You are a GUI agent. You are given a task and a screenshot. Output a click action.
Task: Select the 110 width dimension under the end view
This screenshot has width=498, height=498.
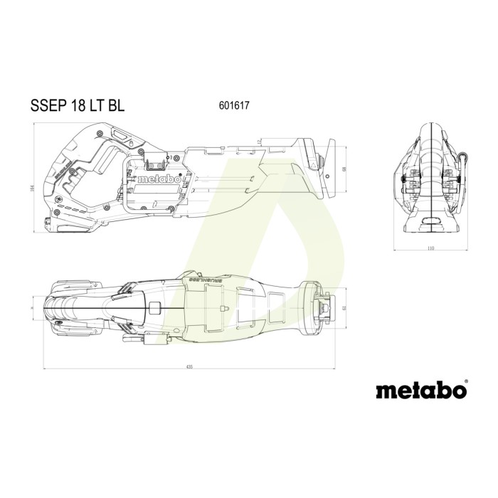(x=430, y=249)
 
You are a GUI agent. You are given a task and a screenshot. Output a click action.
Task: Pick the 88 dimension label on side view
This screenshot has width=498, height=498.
(x=344, y=169)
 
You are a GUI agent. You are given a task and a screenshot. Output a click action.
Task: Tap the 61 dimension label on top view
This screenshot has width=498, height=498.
(x=344, y=307)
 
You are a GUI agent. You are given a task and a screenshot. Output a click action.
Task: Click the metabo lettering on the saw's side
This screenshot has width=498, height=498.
(x=159, y=179)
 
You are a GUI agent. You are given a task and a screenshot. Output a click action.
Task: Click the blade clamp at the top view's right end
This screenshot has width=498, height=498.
(x=329, y=307)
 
